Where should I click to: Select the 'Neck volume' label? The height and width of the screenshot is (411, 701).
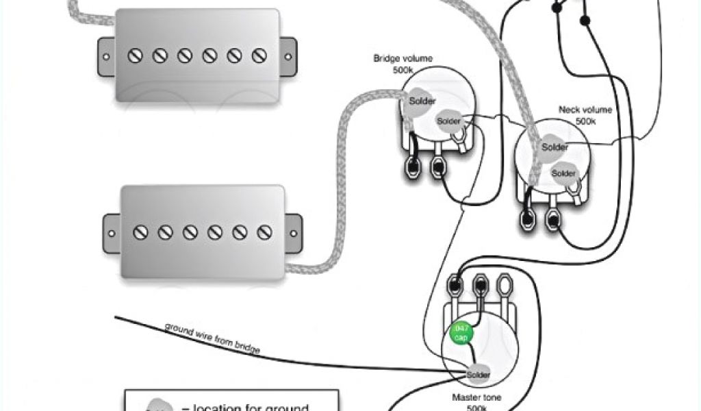pos(585,110)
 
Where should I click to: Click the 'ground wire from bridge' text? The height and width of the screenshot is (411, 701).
pos(212,337)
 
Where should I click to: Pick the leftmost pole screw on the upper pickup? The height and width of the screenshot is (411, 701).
pos(135,55)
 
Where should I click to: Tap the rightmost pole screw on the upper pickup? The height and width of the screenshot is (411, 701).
pos(259,55)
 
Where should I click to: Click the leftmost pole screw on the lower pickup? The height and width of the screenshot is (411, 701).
pos(140,232)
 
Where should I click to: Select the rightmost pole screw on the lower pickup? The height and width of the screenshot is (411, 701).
pos(264,232)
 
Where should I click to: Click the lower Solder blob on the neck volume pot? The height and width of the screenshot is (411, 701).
pos(564,173)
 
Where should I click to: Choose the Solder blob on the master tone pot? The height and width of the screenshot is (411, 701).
pos(477,375)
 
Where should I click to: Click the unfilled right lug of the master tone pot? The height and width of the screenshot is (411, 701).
pos(505,283)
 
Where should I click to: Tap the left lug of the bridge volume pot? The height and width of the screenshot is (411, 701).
pos(413,165)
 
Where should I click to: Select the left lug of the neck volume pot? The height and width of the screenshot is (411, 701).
pos(528,219)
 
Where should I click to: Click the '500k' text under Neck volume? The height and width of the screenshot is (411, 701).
pos(585,121)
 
